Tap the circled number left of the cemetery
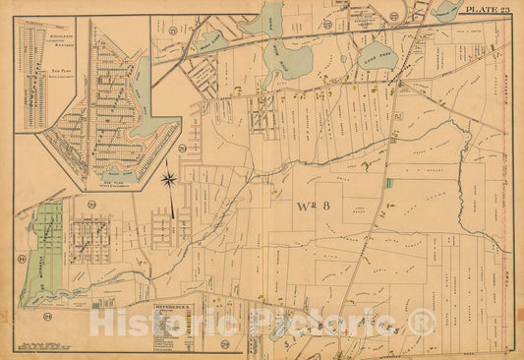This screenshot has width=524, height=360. pos(21,260)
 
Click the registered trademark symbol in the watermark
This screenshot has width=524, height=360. pos(423,322)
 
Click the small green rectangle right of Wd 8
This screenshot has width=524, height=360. pos(388,183)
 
